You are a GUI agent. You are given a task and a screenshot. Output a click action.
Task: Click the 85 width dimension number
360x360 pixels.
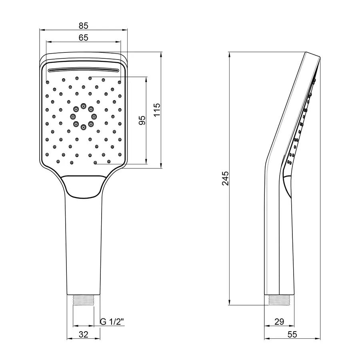point(83,26)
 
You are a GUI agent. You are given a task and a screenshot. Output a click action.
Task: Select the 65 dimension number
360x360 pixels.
point(83,38)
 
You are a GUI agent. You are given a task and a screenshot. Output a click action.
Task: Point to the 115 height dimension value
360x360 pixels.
point(156,110)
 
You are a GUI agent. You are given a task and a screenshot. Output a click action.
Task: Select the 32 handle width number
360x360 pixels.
point(83,334)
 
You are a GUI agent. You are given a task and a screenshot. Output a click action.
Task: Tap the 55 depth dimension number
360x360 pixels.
point(292,334)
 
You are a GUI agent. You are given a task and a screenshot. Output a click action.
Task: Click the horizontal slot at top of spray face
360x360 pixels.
point(83,70)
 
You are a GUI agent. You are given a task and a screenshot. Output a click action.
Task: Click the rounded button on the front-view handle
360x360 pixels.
point(83,187)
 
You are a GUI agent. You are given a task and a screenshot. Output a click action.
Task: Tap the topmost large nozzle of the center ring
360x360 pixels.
point(83,106)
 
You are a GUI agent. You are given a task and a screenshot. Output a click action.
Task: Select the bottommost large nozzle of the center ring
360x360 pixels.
point(83,127)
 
